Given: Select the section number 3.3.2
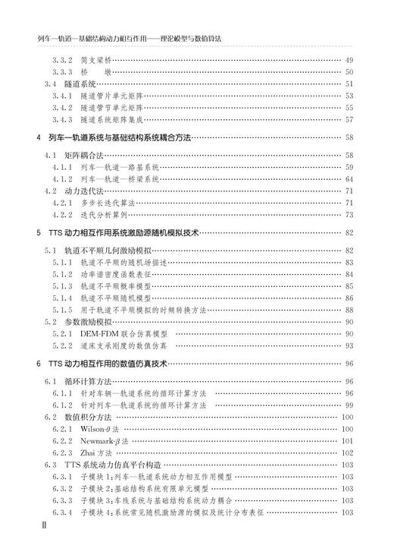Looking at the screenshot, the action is click(62, 61).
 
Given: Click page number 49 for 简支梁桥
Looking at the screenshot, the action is click(349, 61).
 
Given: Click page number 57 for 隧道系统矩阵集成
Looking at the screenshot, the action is click(349, 119).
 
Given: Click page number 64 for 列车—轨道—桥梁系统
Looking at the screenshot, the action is click(349, 179).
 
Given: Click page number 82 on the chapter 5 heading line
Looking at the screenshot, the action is click(349, 233).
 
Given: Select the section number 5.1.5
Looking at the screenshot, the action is click(62, 310).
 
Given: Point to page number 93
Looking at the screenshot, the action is click(349, 345).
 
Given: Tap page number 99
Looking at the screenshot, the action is click(349, 405).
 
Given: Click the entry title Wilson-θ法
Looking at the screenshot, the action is click(100, 429).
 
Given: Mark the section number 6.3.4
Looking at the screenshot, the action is click(62, 512).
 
